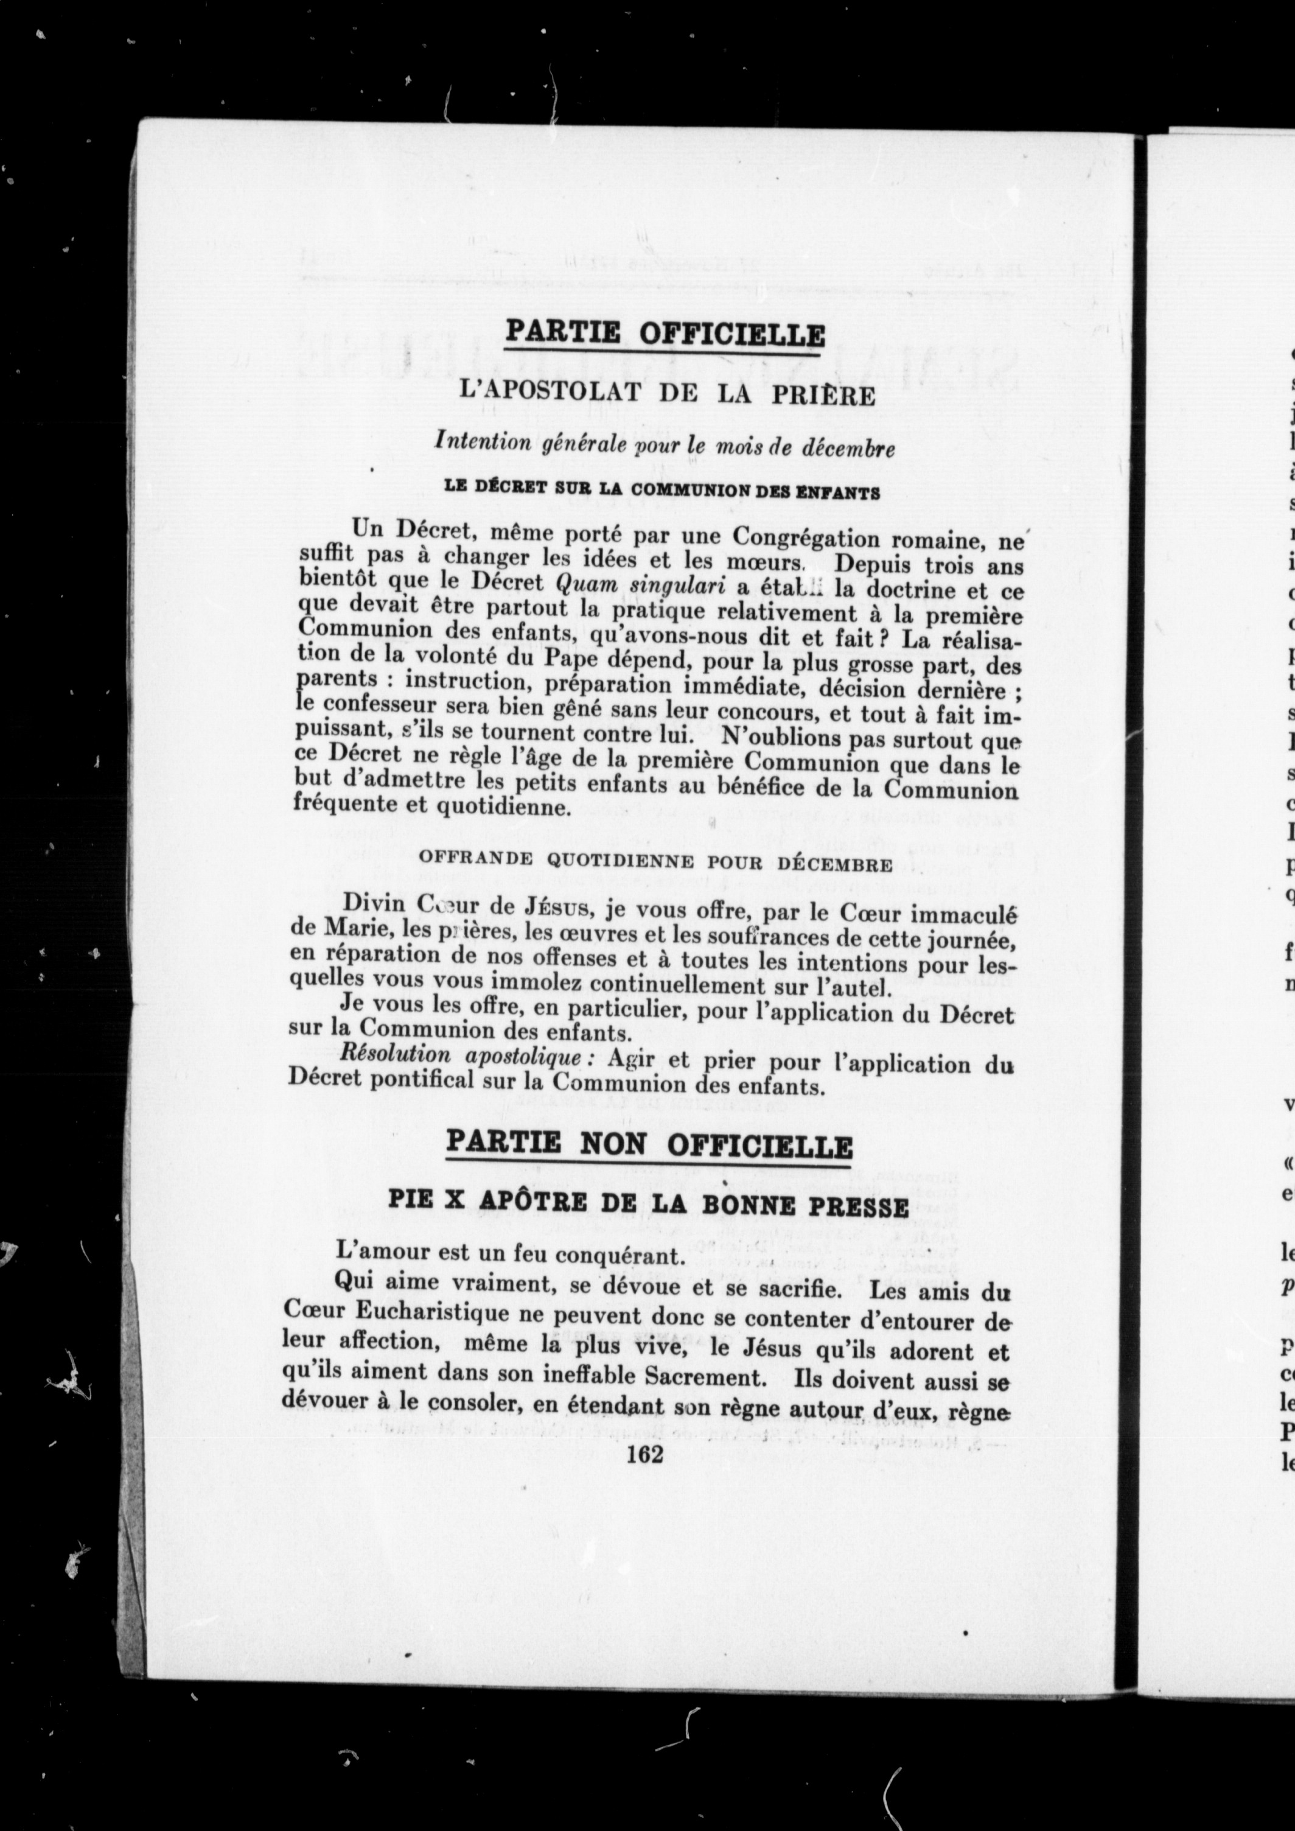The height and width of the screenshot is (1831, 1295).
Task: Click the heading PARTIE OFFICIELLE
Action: click(665, 334)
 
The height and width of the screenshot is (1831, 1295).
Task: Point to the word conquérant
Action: click(630, 1255)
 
